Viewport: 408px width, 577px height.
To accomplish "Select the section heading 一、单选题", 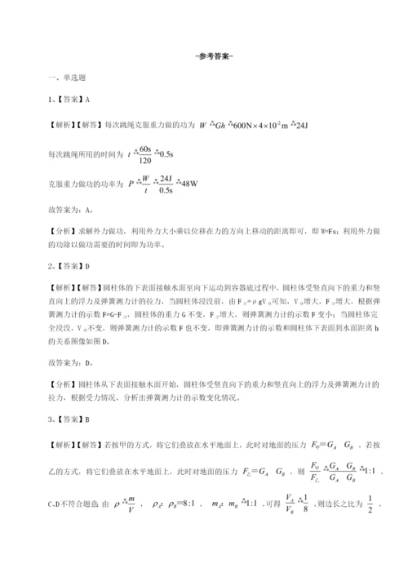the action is (x=69, y=77).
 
